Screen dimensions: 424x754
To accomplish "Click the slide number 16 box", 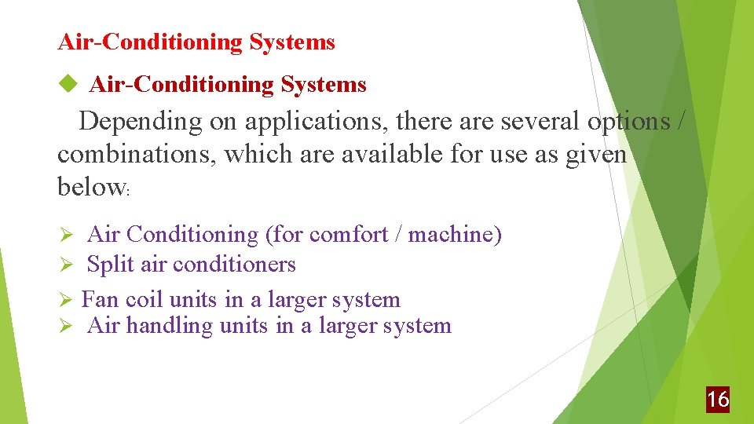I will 717,400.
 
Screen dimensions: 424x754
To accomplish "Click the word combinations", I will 137,155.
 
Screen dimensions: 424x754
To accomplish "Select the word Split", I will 111,265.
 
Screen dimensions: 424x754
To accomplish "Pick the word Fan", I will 101,299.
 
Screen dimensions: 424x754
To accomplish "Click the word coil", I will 145,299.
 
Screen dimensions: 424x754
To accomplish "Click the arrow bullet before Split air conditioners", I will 68,265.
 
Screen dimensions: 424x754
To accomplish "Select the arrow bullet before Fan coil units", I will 68,300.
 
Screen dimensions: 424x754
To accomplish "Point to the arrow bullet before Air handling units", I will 68,327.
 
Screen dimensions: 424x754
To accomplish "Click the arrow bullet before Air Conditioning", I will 68,236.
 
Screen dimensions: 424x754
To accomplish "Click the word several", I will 529,122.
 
